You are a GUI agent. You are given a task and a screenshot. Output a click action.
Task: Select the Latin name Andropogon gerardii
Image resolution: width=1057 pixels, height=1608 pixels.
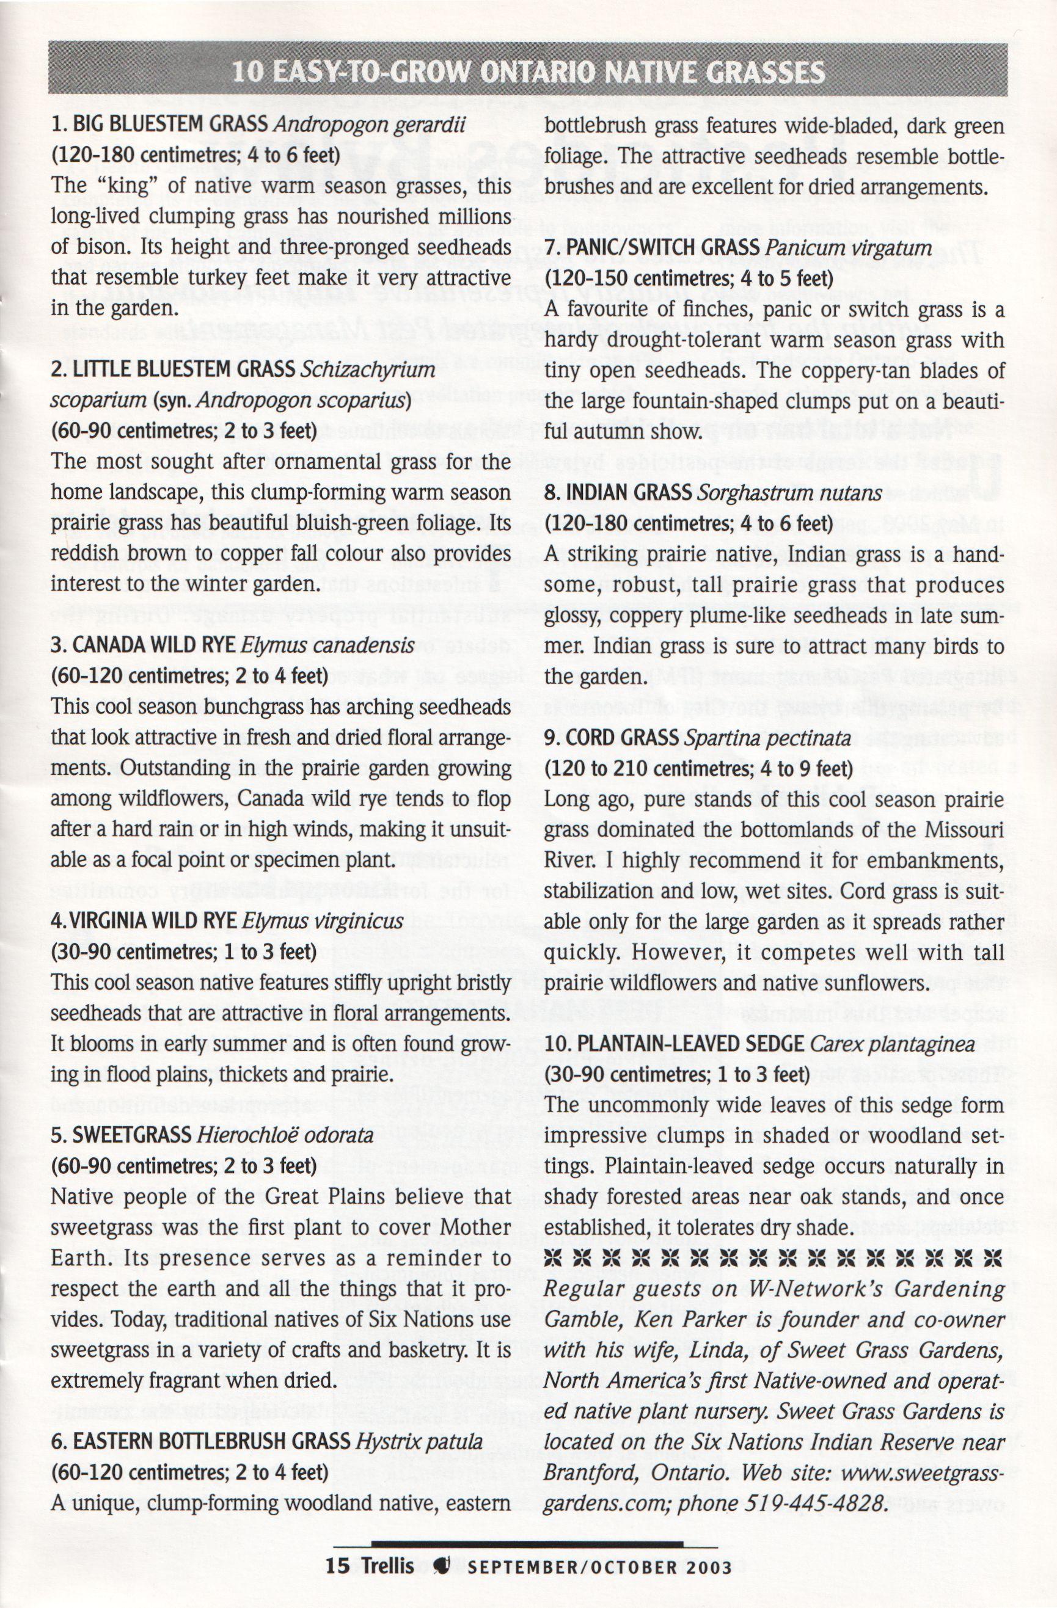(370, 125)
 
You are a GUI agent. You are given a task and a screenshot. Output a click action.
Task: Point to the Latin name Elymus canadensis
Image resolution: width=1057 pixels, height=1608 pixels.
(327, 646)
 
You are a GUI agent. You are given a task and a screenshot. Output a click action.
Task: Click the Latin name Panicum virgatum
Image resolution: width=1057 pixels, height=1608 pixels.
(848, 248)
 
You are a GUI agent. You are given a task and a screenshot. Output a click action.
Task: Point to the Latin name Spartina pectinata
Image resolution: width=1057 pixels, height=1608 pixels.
(767, 738)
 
